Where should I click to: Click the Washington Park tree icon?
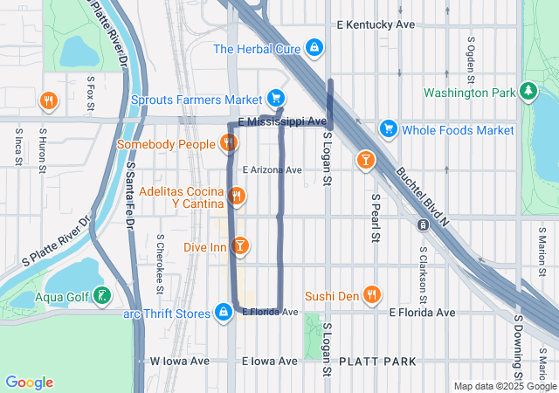528,91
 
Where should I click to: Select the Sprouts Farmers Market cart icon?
276,98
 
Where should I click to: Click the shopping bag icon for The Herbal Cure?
314,49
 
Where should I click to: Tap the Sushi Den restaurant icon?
373,295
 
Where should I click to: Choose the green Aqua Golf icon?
103,297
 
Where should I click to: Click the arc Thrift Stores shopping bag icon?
224,312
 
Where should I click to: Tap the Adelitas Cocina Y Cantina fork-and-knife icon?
236,196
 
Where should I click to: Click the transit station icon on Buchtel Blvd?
423,224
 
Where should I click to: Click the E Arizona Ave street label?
272,169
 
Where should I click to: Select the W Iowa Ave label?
180,361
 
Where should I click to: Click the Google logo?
30,383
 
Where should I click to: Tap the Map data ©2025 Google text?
504,386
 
